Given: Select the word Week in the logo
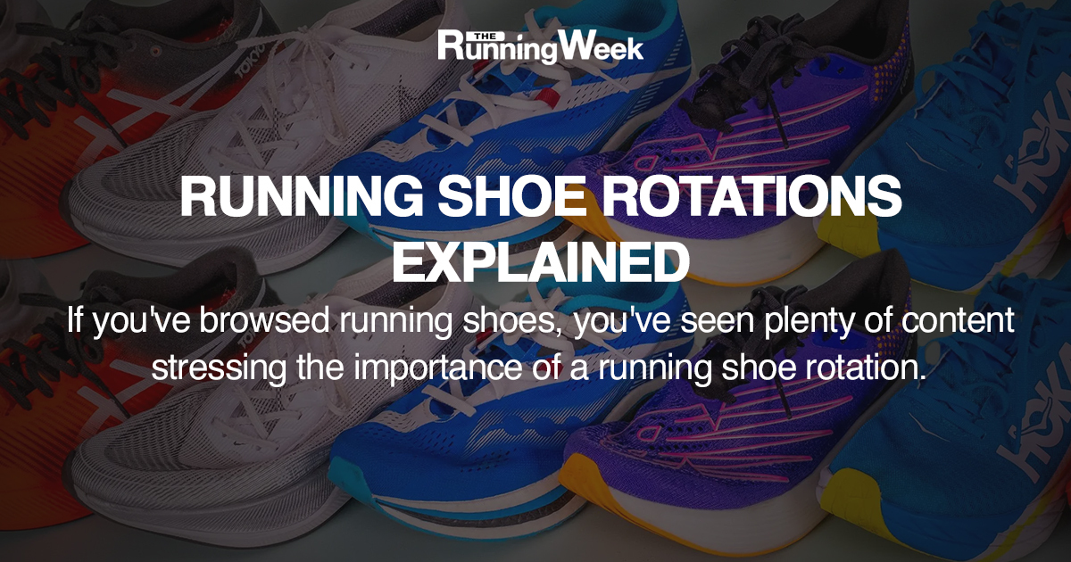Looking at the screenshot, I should point(608,47).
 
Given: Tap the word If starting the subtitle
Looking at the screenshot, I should point(76,322).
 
